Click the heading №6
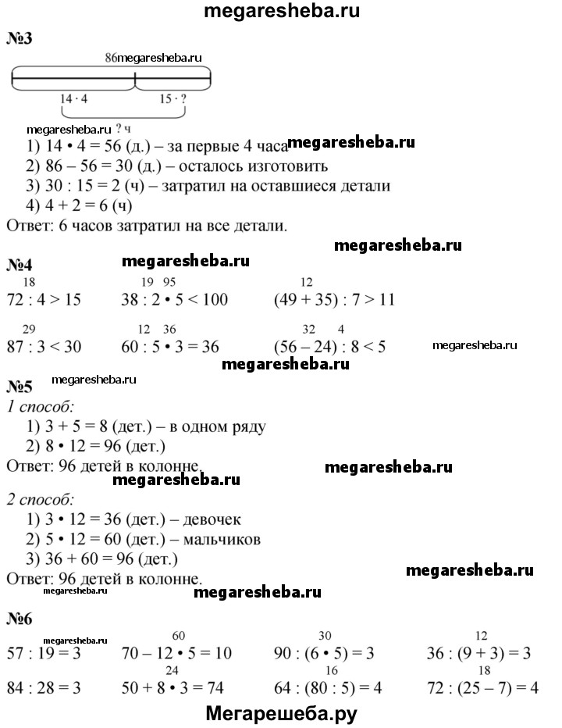tap(19, 620)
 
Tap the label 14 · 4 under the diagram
tap(74, 99)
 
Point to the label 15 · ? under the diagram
tap(173, 99)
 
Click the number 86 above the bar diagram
tap(110, 58)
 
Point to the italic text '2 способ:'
tap(40, 498)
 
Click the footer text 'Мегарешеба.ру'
tap(282, 712)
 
